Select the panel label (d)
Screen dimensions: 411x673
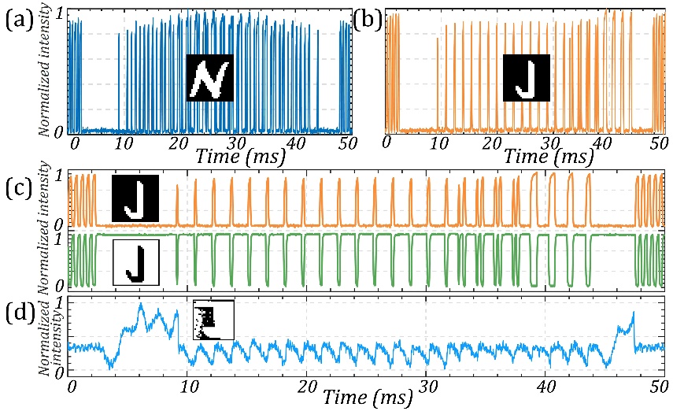(x=19, y=313)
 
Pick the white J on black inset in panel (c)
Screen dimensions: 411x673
(x=135, y=198)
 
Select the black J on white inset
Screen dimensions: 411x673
(x=136, y=262)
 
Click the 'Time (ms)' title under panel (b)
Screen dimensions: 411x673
(x=549, y=155)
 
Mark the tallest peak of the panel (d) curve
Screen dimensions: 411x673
(x=140, y=303)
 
